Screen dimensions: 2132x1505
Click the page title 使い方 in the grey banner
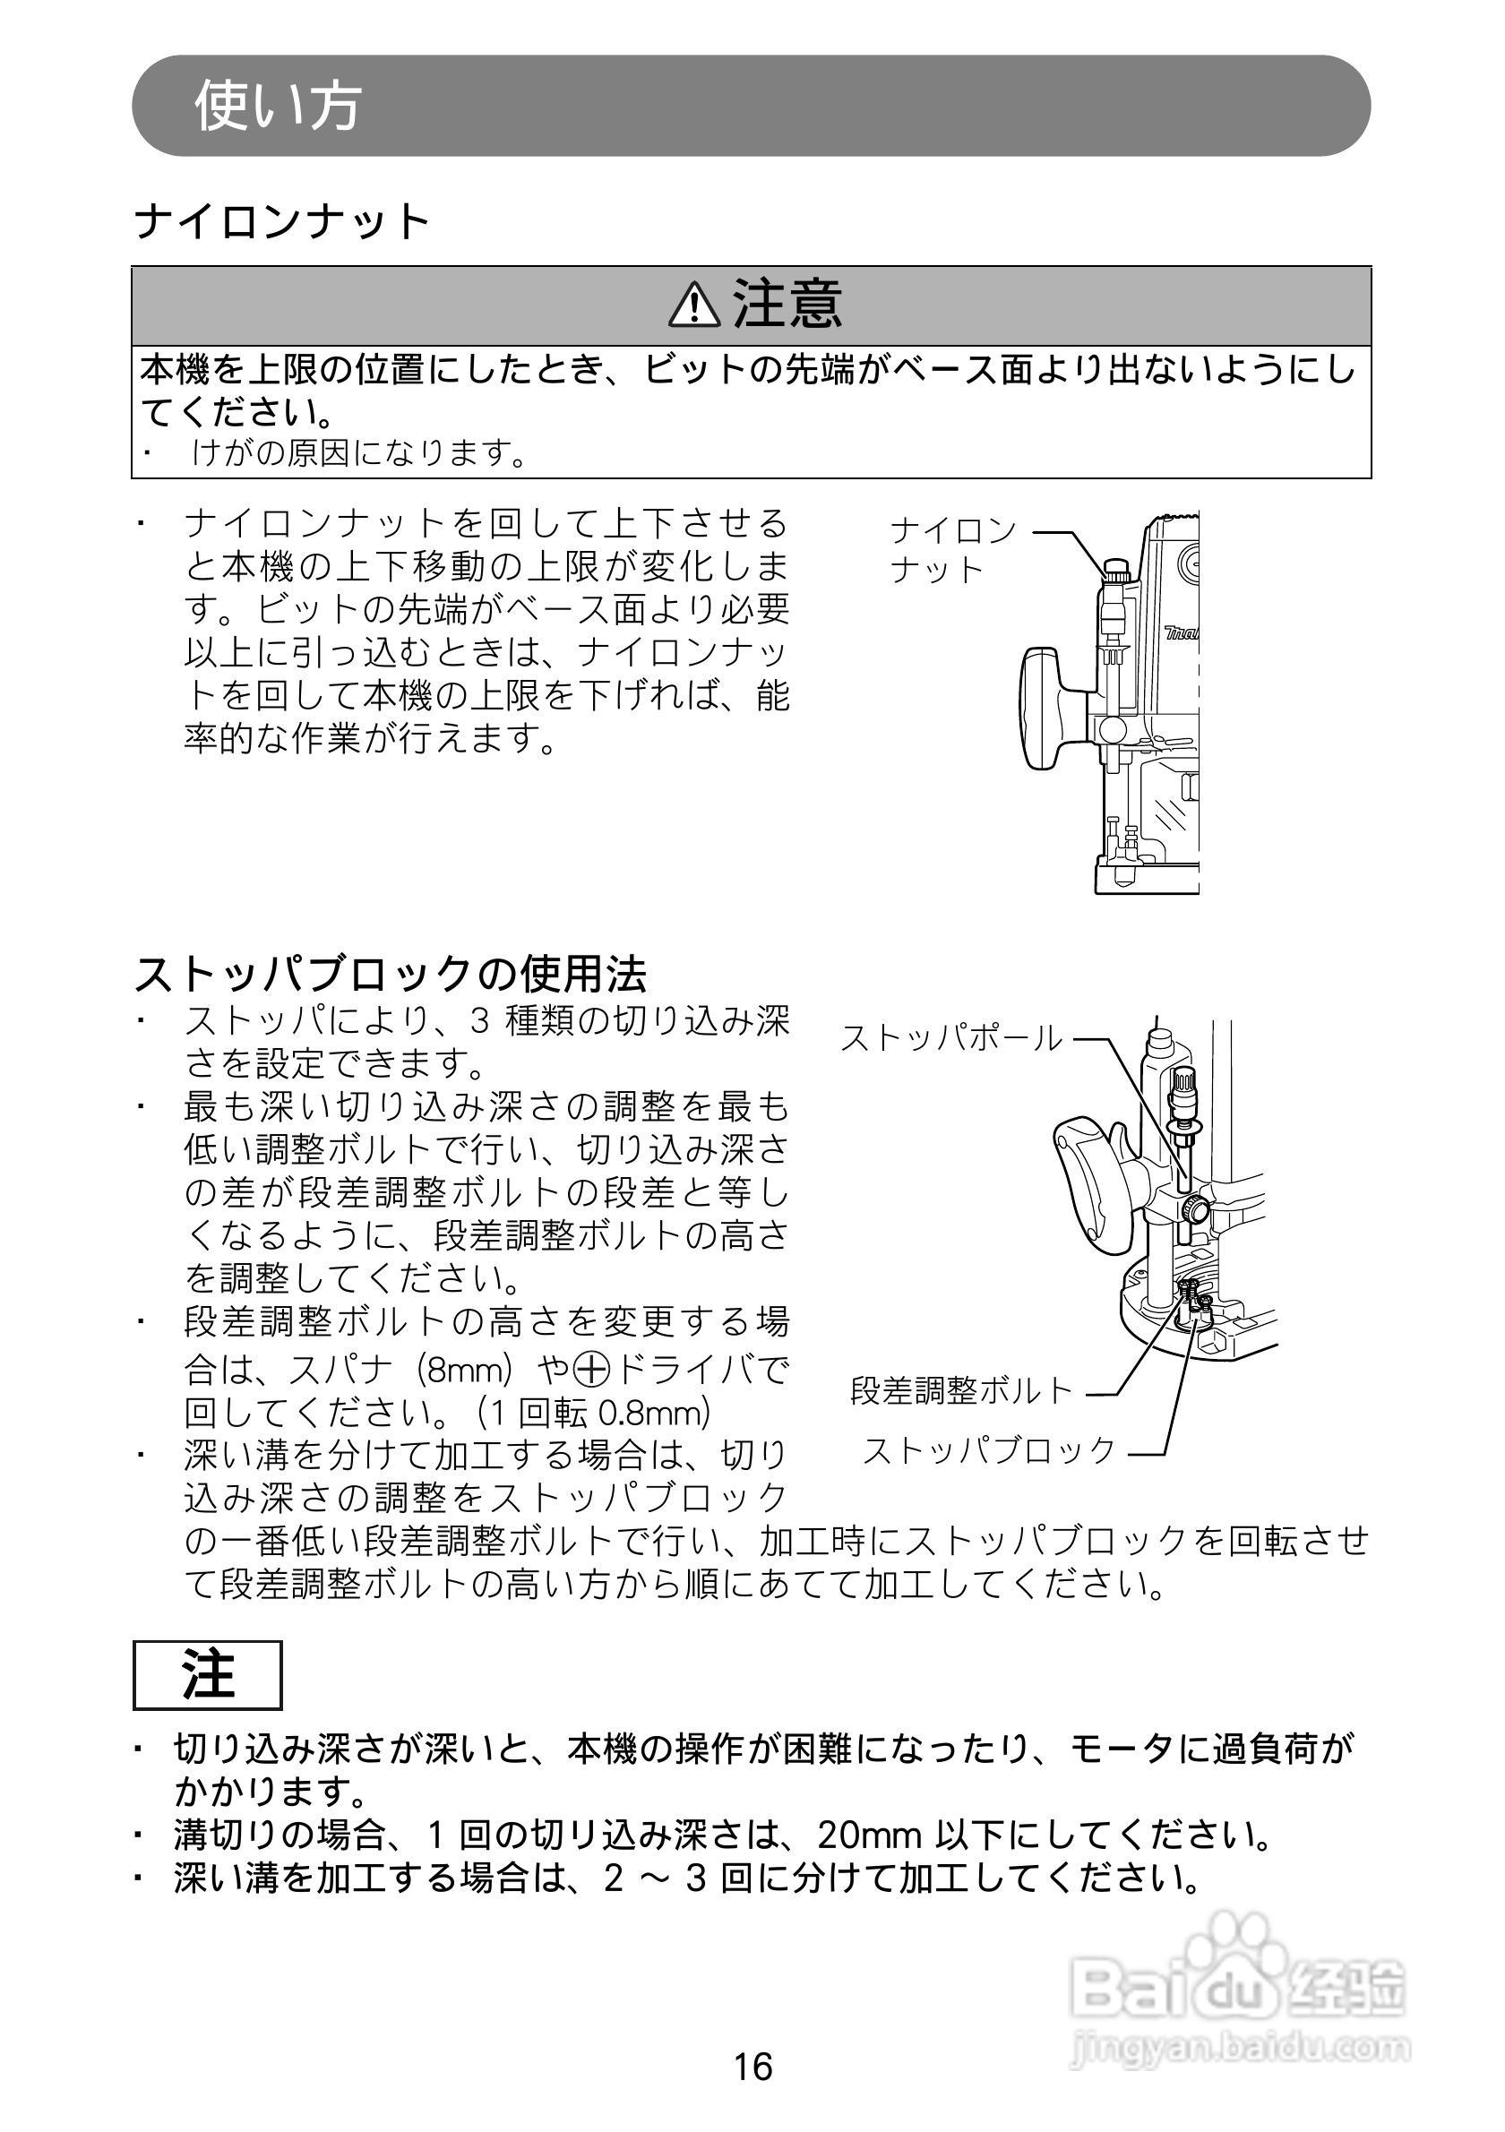(277, 106)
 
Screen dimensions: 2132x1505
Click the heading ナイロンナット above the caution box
(282, 223)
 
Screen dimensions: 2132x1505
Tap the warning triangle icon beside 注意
(693, 306)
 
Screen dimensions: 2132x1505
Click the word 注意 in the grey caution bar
(787, 305)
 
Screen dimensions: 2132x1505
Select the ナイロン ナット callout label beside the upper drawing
(952, 550)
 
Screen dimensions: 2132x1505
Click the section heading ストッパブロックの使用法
(391, 974)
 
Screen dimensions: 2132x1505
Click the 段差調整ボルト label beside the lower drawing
(962, 1390)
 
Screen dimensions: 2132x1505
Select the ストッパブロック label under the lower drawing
(990, 1450)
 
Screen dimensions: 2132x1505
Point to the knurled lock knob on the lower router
(1194, 1209)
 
